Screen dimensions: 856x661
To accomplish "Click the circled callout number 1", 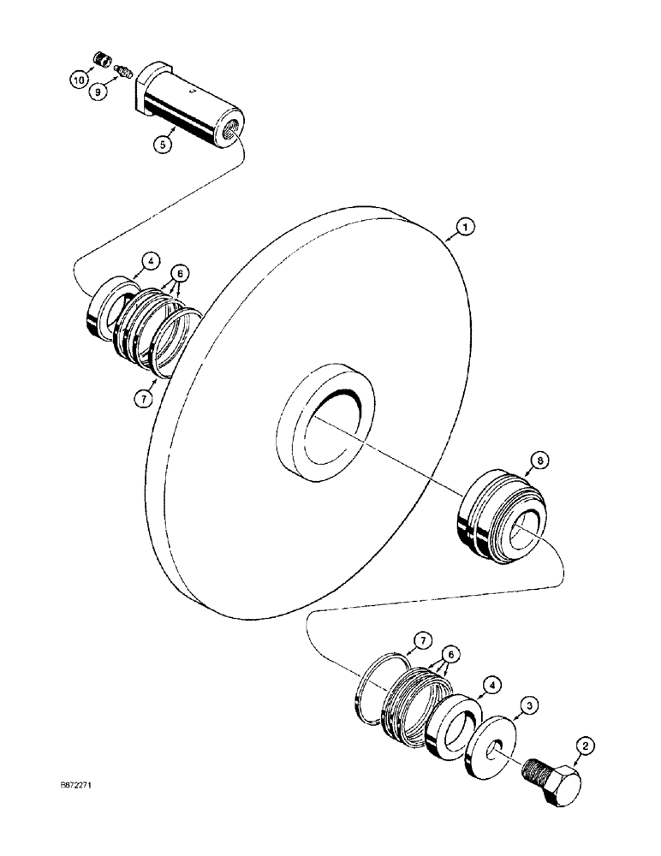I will (x=462, y=227).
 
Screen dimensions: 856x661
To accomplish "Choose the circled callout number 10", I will (x=78, y=80).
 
